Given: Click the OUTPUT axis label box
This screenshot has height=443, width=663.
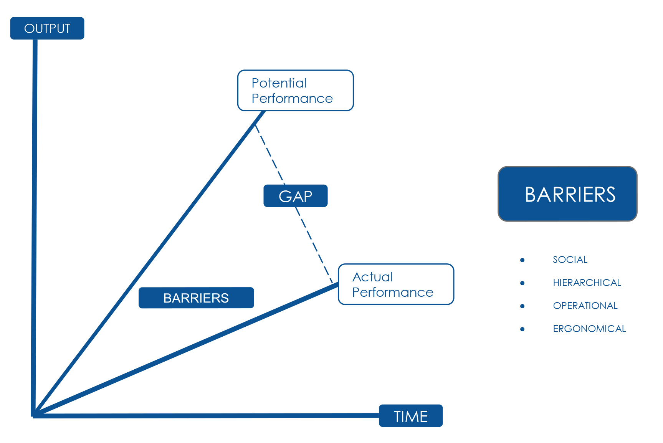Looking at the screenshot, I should click(x=47, y=28).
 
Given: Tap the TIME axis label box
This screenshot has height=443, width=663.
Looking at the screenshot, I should click(x=410, y=416).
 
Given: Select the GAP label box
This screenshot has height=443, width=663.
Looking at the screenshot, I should click(x=295, y=196).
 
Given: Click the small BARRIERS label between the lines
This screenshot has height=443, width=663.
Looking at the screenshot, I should click(x=196, y=298).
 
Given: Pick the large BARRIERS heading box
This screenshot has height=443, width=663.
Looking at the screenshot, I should click(x=567, y=194).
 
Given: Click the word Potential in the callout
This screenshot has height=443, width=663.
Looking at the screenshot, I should click(x=279, y=83).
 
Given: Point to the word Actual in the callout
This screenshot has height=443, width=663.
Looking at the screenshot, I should click(x=372, y=277).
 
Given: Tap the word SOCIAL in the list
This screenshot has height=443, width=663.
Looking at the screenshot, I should click(x=570, y=260).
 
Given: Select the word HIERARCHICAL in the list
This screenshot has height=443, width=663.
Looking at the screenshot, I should click(x=587, y=283).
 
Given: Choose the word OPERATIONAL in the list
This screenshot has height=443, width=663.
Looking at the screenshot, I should click(x=585, y=306).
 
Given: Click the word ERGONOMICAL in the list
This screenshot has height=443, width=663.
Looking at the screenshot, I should click(x=589, y=329).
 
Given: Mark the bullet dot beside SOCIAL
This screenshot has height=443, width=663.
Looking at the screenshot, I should click(x=522, y=260).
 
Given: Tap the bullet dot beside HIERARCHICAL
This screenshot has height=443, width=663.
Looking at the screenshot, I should click(x=522, y=283).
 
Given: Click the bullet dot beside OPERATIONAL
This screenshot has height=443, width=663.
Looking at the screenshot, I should click(x=522, y=306).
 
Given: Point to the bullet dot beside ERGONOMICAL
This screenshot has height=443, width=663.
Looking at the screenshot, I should click(x=522, y=329).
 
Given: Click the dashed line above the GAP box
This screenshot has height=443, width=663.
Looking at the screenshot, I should click(x=270, y=154).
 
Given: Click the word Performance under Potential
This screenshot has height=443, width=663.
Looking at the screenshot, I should click(x=292, y=99).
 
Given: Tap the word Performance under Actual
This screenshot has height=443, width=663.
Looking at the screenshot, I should click(x=393, y=293).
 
